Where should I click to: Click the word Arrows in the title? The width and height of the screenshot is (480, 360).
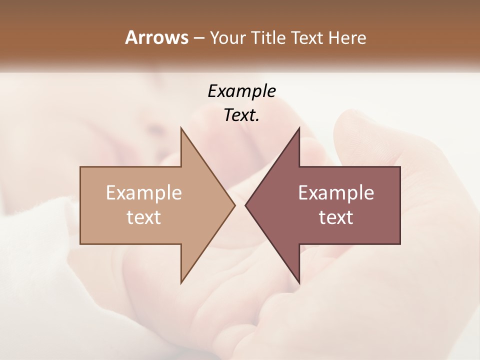pyautogui.click(x=156, y=37)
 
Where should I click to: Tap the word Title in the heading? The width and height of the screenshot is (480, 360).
pyautogui.click(x=268, y=37)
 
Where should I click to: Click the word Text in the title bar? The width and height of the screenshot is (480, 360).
pyautogui.click(x=307, y=37)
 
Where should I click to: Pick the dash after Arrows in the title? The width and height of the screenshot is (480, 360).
pyautogui.click(x=198, y=38)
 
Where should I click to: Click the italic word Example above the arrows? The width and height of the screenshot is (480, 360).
pyautogui.click(x=241, y=91)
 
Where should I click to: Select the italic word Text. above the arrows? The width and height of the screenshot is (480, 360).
pyautogui.click(x=241, y=115)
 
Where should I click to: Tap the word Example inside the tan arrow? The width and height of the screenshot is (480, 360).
pyautogui.click(x=143, y=193)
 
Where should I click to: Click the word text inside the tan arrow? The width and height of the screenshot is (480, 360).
pyautogui.click(x=143, y=217)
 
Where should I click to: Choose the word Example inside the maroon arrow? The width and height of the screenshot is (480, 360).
pyautogui.click(x=336, y=193)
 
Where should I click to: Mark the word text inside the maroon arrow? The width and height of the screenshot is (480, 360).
pyautogui.click(x=336, y=217)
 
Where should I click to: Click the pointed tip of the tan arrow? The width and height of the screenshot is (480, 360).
pyautogui.click(x=234, y=205)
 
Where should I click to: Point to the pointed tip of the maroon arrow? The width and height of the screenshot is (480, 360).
pyautogui.click(x=246, y=205)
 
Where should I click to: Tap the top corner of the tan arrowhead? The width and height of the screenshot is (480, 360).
pyautogui.click(x=181, y=128)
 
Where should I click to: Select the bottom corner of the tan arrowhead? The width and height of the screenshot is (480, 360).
pyautogui.click(x=181, y=282)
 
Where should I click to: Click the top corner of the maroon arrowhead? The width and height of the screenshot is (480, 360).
pyautogui.click(x=299, y=128)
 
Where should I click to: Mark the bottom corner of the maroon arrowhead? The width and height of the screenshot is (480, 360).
pyautogui.click(x=299, y=282)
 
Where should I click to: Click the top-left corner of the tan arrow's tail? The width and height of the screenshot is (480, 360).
pyautogui.click(x=80, y=167)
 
